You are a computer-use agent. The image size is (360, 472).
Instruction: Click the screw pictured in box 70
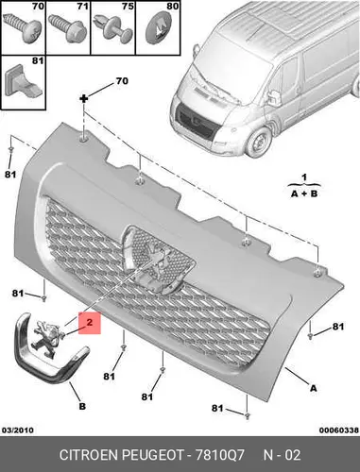22,27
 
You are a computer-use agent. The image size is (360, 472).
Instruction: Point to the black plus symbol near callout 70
84,99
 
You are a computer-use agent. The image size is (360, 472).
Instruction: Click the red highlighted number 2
90,322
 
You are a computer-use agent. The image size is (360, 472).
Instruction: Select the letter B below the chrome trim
82,406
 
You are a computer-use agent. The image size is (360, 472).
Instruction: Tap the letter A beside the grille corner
313,388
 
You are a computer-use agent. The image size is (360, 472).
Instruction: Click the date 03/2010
18,430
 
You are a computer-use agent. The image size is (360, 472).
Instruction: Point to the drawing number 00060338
339,430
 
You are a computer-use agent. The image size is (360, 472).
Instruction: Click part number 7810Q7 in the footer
219,455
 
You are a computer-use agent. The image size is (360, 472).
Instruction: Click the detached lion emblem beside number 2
47,339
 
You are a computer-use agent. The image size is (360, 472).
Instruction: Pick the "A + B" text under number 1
304,194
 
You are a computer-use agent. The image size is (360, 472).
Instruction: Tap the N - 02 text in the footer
282,455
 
